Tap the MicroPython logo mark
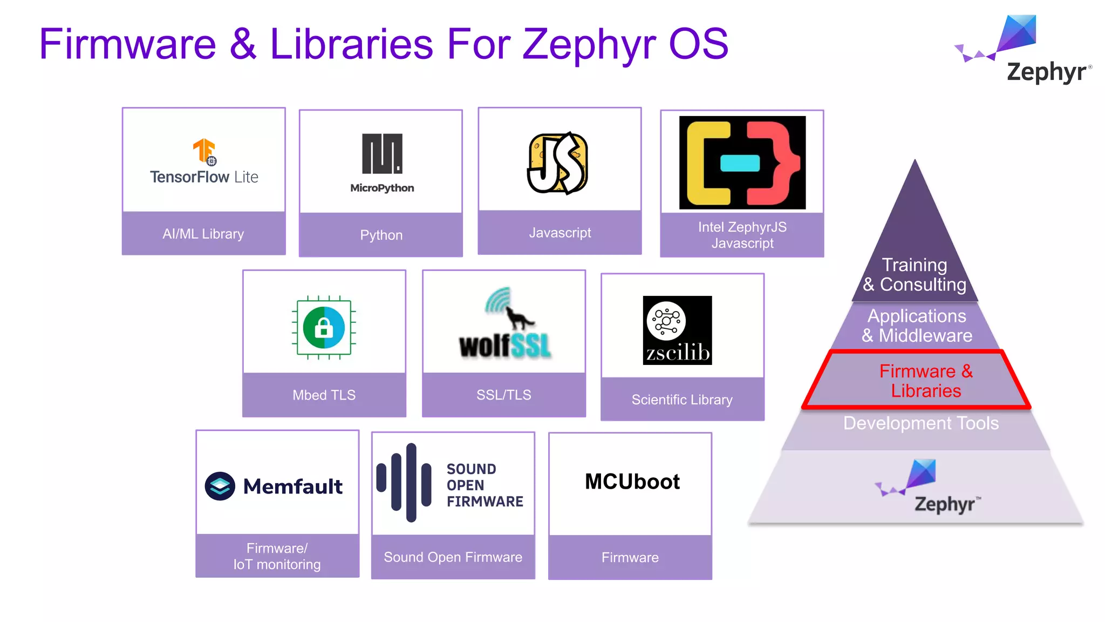[382, 154]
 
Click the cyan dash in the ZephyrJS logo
[740, 163]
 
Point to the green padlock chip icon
[324, 327]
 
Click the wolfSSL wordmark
[505, 346]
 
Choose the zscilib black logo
[677, 330]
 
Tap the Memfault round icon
[220, 486]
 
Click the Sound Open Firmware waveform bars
[405, 482]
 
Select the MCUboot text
[632, 482]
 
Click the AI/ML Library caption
[203, 234]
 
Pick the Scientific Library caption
[682, 400]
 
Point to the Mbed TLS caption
[324, 395]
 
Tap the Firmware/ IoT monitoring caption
[277, 556]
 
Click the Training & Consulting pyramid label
[915, 275]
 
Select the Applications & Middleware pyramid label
[917, 326]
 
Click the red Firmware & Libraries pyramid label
[926, 381]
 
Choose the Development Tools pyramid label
[920, 423]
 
